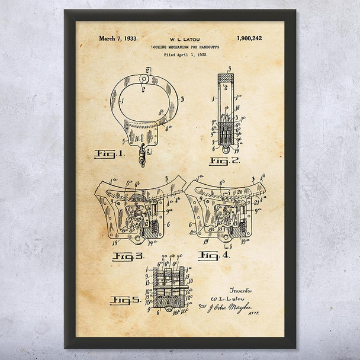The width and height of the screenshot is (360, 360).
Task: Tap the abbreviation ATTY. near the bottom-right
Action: (259, 316)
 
